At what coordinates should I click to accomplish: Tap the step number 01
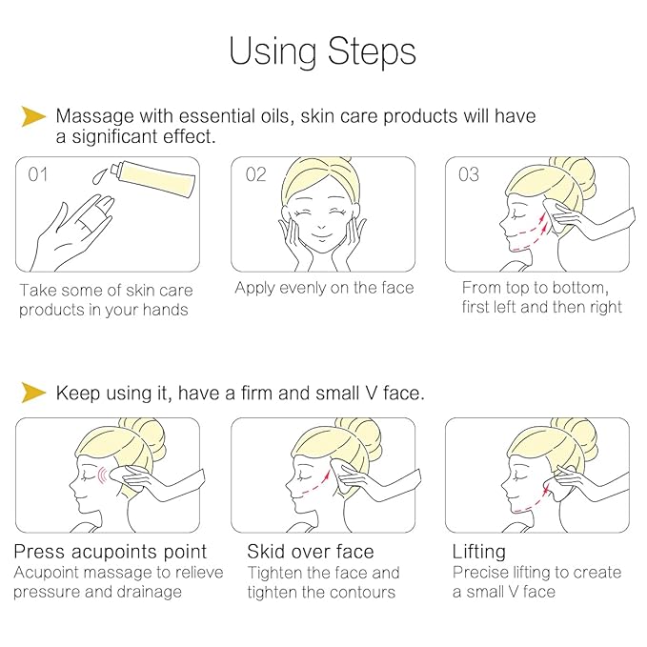(x=38, y=174)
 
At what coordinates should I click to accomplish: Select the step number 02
(x=255, y=174)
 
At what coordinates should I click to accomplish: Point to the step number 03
(x=469, y=174)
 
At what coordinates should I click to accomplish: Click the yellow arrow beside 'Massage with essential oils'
(x=33, y=116)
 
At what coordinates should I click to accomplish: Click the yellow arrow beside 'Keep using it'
(x=33, y=392)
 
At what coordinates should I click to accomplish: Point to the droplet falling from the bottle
(x=99, y=177)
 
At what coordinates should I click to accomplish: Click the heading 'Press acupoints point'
(x=110, y=552)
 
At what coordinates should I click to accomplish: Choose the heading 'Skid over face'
(x=310, y=552)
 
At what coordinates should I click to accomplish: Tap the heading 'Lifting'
(x=478, y=552)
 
